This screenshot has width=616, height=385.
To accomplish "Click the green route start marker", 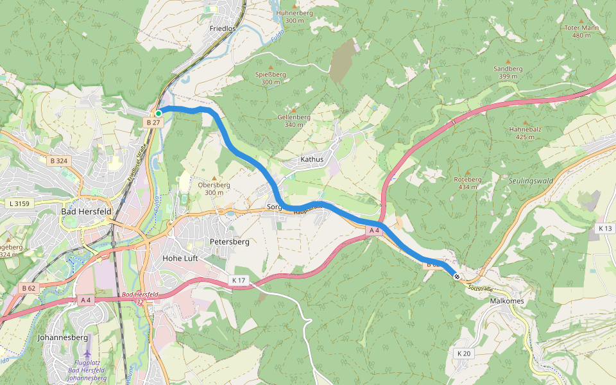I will (158, 114).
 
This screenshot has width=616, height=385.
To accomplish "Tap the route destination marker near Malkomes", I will (457, 277).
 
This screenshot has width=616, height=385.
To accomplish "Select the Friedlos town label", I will (223, 29).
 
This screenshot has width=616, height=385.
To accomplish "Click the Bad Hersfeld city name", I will (86, 211).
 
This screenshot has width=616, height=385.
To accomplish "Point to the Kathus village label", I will (312, 159).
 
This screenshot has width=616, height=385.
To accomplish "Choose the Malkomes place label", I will (506, 301).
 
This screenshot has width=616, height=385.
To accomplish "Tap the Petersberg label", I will (229, 242).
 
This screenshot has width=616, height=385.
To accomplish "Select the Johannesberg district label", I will (62, 337).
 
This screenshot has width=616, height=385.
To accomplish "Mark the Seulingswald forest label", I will (530, 182).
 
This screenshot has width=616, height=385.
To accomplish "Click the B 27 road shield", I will (153, 122).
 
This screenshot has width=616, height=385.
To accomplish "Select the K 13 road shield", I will (604, 228).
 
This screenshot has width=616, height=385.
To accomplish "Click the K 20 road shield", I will (464, 354).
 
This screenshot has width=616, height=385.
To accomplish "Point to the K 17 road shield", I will (239, 280).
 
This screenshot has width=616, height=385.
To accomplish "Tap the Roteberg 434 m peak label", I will (467, 183).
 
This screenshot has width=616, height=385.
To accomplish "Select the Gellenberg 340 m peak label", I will (294, 121).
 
